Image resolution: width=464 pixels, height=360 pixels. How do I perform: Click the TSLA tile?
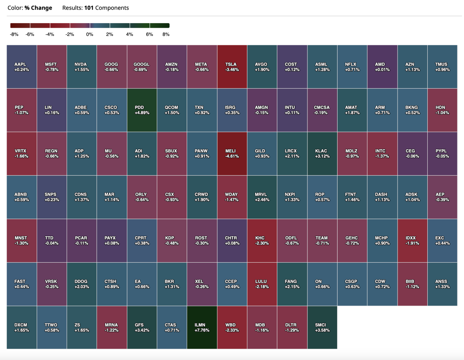(232, 67)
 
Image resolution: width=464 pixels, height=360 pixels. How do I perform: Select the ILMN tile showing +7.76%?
(202, 327)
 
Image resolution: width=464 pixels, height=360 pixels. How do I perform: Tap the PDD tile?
(142, 110)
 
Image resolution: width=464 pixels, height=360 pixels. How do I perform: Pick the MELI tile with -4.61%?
(232, 154)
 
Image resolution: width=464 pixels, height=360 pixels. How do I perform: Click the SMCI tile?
(322, 327)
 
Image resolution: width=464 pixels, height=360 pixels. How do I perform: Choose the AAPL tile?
(22, 67)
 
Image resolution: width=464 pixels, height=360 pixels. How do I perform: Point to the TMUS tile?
(442, 67)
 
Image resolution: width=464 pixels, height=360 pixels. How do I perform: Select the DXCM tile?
(22, 327)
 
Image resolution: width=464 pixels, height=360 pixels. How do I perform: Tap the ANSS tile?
(442, 284)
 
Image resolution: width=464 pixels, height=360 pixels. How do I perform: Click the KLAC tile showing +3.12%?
(322, 154)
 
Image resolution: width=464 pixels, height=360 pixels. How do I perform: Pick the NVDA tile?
(82, 67)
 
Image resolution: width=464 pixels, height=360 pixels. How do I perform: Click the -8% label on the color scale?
(14, 34)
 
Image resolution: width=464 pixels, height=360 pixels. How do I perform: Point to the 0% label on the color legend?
(90, 34)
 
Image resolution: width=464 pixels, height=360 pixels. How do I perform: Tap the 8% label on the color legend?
(166, 34)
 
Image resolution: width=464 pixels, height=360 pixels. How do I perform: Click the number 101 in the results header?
(89, 8)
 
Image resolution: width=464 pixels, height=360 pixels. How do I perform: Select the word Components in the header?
(112, 8)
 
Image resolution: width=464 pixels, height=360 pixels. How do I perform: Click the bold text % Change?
(38, 8)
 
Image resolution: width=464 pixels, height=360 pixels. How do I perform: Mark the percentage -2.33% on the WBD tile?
(232, 330)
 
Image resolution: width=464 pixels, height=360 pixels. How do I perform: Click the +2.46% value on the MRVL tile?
(262, 200)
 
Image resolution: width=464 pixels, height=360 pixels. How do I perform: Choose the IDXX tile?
(412, 241)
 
